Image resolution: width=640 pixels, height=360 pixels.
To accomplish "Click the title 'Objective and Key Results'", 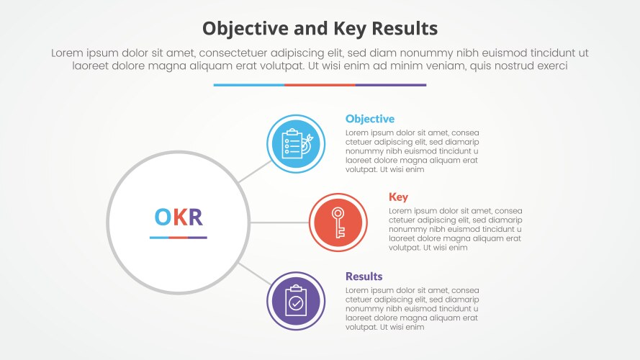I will click(x=320, y=28).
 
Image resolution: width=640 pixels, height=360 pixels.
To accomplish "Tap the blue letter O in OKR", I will click(x=163, y=217).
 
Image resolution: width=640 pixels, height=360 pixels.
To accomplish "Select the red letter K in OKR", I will click(x=179, y=217).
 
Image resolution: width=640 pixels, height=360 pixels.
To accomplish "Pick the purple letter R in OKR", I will click(x=194, y=217).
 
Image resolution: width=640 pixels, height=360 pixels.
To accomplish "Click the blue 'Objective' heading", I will click(x=369, y=119).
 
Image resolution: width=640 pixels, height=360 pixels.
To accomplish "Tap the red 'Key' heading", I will click(x=398, y=197).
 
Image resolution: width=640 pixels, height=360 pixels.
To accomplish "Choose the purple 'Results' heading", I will click(x=364, y=276).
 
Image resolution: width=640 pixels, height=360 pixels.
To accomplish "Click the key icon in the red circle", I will click(x=338, y=222).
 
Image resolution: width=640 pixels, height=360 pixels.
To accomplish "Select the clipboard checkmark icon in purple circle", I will click(x=295, y=301).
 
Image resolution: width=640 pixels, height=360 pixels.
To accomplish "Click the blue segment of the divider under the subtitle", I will click(x=248, y=85).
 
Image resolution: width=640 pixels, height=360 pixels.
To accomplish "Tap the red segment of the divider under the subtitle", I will click(x=320, y=85).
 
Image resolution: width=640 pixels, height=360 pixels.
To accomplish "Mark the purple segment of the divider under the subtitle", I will click(x=390, y=85).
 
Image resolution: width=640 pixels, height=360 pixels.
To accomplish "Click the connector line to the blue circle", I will click(x=255, y=171).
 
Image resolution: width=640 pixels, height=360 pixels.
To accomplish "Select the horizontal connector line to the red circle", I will click(x=279, y=222).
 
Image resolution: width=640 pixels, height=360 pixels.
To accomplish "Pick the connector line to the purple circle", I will click(x=254, y=274).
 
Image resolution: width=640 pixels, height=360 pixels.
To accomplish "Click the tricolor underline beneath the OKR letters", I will click(x=179, y=237).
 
